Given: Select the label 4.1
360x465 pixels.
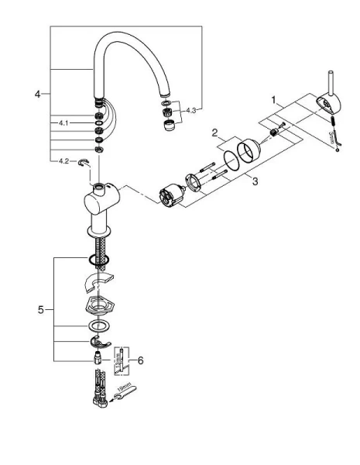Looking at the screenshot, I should click(63, 122).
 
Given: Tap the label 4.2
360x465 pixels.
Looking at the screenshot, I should click(63, 161).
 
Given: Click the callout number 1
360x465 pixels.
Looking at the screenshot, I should click(273, 99).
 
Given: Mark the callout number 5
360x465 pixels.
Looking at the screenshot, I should click(40, 310).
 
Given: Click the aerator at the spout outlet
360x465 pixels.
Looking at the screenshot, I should click(166, 123).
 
